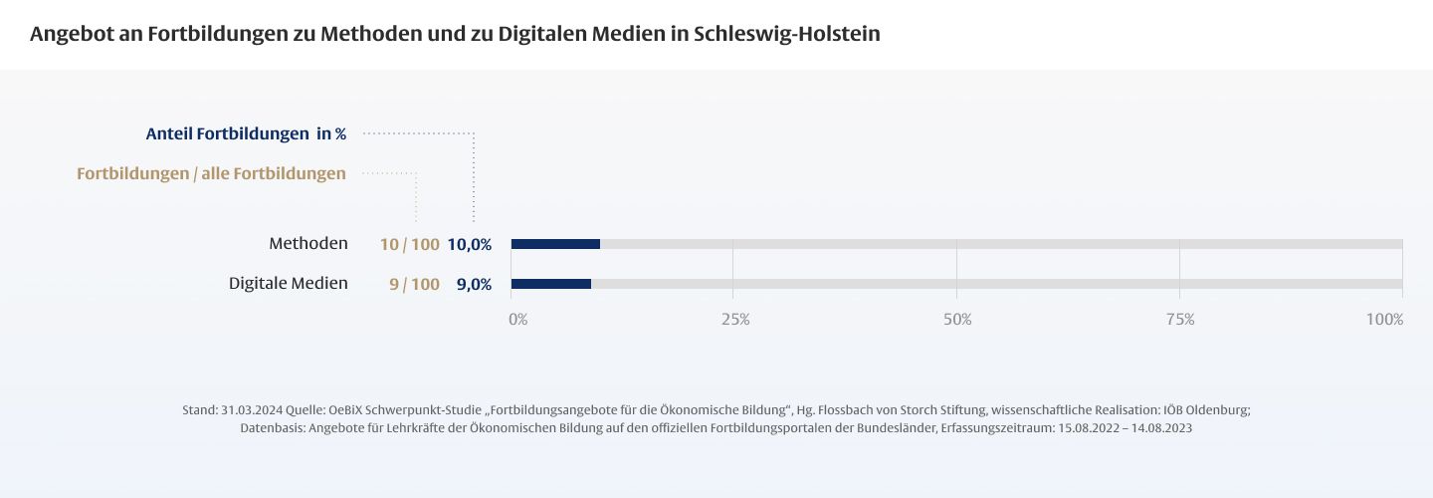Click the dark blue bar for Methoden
tap(555, 244)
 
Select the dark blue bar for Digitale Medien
tap(551, 284)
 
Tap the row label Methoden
tap(308, 244)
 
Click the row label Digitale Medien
tap(289, 284)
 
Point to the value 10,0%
tap(470, 245)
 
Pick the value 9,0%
tap(474, 285)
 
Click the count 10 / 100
tap(409, 245)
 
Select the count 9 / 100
tap(414, 285)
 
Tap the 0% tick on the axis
tap(518, 320)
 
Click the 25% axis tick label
tap(735, 320)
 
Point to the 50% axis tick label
tap(957, 320)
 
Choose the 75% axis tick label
tap(1180, 320)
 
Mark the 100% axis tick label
tap(1384, 320)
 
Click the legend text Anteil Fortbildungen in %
tap(246, 133)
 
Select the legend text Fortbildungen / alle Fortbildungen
tap(211, 174)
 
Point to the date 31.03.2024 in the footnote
tap(252, 410)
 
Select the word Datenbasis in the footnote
tap(271, 428)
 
